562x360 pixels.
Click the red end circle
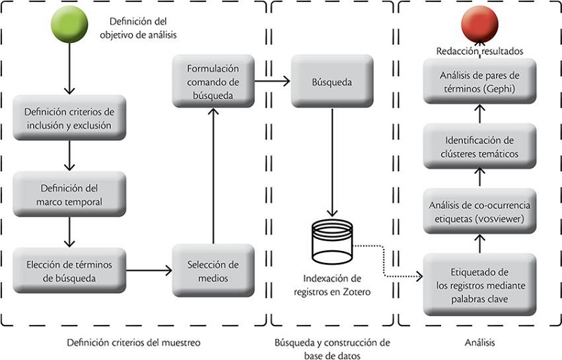click(x=479, y=24)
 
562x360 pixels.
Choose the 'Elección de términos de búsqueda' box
click(x=69, y=271)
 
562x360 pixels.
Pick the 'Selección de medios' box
click(x=213, y=271)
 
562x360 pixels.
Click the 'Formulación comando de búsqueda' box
click(x=213, y=82)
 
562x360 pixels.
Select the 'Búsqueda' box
click(x=332, y=82)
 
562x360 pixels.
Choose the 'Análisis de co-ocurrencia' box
click(x=480, y=211)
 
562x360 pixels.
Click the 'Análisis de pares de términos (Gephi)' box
click(x=480, y=81)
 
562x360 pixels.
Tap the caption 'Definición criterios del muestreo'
click(x=133, y=342)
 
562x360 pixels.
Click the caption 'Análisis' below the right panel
click(x=480, y=342)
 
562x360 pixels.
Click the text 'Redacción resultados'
click(x=479, y=51)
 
